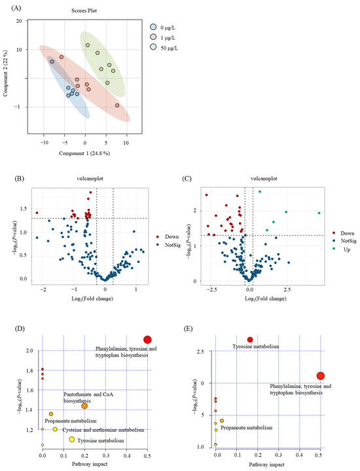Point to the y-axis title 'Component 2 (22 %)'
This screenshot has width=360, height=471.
pyautogui.click(x=6, y=78)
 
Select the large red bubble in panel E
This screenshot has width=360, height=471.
pyautogui.click(x=320, y=375)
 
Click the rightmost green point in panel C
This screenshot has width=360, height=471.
pyautogui.click(x=319, y=213)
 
